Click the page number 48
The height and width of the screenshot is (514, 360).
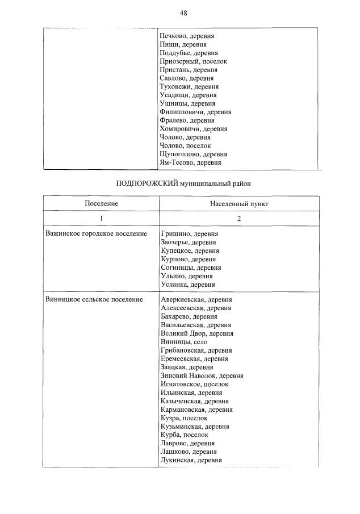pos(183,13)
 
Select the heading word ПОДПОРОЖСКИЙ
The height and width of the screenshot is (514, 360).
pos(146,183)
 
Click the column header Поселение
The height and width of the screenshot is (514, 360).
pos(101,203)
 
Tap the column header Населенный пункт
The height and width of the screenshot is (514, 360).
pos(238,203)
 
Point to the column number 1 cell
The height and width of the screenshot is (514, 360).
pos(101,218)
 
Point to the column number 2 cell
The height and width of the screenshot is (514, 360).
pos(238,218)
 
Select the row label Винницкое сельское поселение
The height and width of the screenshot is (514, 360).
pos(94,299)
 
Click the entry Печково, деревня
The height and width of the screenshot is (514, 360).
pos(187,36)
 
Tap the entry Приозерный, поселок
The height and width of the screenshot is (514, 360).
pos(194,61)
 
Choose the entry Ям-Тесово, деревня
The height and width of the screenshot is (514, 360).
pos(191,163)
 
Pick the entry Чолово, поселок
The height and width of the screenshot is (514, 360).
pos(186,146)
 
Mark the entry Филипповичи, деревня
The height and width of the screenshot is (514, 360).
pos(196,112)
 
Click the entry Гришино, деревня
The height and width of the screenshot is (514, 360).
pos(189,233)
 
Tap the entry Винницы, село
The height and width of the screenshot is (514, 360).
pos(184,342)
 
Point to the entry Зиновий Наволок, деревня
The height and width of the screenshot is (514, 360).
pos(202,375)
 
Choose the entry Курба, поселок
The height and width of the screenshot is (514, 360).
pos(184,435)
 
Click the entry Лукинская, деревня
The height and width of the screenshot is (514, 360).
pos(191,461)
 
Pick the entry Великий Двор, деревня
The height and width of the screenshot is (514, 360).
pos(197,333)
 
